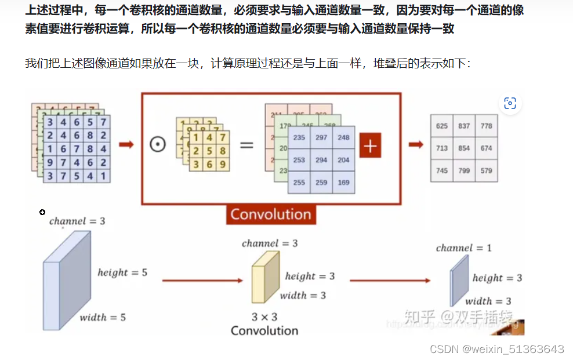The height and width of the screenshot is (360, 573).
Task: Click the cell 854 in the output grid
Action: point(463,148)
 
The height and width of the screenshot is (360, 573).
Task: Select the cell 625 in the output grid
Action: point(442,126)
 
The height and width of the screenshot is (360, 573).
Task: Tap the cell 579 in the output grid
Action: point(486,171)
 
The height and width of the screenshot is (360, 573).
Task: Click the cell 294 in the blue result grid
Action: point(321,160)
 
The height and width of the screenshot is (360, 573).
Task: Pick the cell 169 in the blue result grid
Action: point(343,182)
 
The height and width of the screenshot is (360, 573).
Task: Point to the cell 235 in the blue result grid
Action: point(299,137)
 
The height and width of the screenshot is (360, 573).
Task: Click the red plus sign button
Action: point(370,146)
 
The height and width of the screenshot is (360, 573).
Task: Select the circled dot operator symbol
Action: point(157,144)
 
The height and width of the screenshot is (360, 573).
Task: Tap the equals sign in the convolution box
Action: point(247,144)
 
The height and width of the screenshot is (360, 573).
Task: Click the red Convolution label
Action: point(271,214)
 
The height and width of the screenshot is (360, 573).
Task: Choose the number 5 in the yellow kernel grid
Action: point(209,151)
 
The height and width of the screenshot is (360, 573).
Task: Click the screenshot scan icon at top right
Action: point(510,104)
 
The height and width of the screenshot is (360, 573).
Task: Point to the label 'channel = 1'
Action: point(463,248)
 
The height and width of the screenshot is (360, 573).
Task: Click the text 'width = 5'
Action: point(103,317)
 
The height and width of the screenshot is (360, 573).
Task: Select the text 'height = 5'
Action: point(122,272)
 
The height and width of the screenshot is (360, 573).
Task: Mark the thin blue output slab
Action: point(460,279)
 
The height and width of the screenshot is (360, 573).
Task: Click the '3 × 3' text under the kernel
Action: point(264,317)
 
